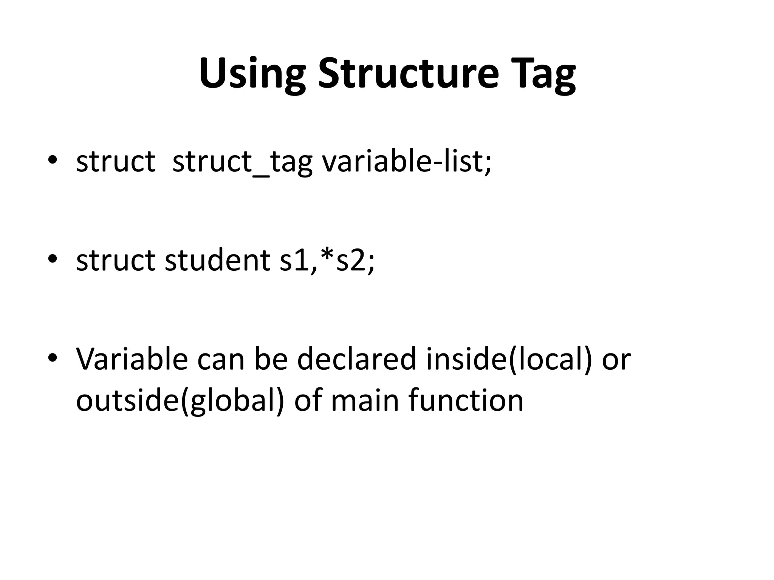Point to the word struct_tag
tap(242, 162)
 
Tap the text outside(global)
tap(180, 400)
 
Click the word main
tap(365, 400)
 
